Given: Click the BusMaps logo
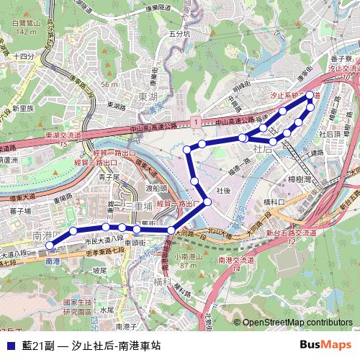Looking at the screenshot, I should pyautogui.click(x=325, y=345).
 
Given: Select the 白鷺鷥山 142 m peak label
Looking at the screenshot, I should pyautogui.click(x=24, y=27).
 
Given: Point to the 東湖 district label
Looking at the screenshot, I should pyautogui.click(x=148, y=96).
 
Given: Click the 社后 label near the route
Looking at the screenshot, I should pyautogui.click(x=263, y=148).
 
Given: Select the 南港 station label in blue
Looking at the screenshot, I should pyautogui.click(x=53, y=261).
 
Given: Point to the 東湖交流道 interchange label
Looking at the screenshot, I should pyautogui.click(x=63, y=135).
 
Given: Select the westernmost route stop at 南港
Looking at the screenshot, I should pyautogui.click(x=49, y=246).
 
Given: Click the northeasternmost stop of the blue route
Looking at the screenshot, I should pyautogui.click(x=310, y=95).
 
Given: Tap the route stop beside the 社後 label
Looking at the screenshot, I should pyautogui.click(x=208, y=202).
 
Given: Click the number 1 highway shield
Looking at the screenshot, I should pyautogui.click(x=196, y=124).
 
